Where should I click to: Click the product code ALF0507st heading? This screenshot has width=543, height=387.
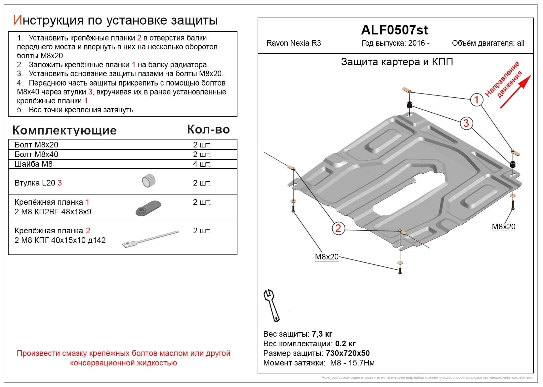coord(394,30)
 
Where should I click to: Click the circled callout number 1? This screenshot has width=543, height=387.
coord(477,99)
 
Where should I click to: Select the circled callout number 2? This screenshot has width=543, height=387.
coord(338,228)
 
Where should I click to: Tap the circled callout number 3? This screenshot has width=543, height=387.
coord(466,123)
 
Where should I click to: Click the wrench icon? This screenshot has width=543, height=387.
coord(271,305)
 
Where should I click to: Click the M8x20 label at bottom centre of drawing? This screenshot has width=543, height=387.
coord(327,257)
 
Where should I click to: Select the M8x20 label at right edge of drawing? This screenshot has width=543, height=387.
coord(504,227)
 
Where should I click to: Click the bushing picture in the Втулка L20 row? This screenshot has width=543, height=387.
coord(148,181)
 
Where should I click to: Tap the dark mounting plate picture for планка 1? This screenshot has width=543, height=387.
coord(148,208)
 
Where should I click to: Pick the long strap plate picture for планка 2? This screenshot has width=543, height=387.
coord(150,239)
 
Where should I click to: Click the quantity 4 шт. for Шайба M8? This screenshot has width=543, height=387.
coord(202,164)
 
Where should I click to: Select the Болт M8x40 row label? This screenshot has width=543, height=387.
coord(36,154)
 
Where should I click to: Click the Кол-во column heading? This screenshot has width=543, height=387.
coord(208,129)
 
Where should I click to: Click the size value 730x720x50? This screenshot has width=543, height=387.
coord(348,353)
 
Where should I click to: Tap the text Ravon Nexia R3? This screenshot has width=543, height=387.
coord(294,43)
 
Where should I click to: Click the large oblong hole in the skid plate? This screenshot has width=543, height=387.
coord(410,193)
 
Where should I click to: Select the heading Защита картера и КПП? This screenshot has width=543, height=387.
coord(397,62)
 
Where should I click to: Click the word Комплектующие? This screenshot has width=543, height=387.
coord(64,130)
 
